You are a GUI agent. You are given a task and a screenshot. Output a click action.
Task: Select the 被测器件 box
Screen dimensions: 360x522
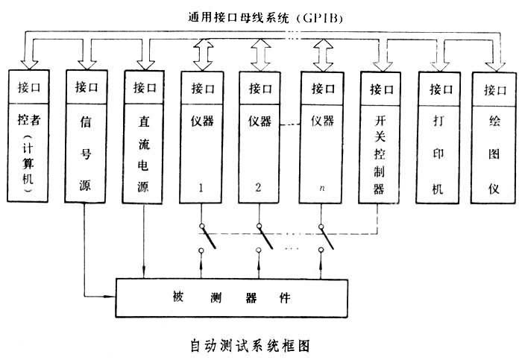[231, 297]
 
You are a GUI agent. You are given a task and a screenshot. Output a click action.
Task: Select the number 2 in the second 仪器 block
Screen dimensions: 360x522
[258, 188]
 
